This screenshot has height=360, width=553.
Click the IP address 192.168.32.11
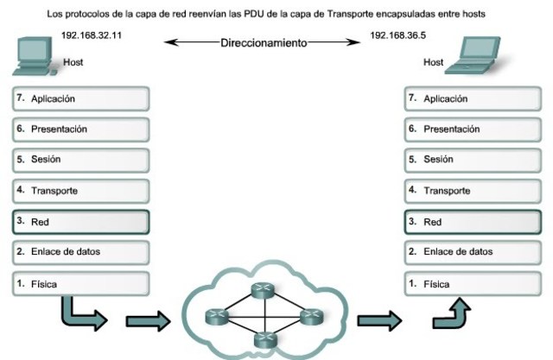(x=91, y=34)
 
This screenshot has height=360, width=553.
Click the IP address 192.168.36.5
(x=397, y=34)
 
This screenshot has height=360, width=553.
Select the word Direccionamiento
(x=264, y=41)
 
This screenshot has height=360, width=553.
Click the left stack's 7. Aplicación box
(x=82, y=98)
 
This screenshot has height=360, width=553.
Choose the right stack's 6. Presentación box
(x=474, y=129)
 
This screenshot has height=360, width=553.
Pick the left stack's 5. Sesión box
(x=82, y=159)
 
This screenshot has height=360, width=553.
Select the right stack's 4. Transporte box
(x=474, y=190)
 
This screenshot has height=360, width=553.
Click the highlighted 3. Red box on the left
(x=82, y=221)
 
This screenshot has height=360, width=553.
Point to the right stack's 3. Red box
(x=474, y=221)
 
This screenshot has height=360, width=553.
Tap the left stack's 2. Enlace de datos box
(x=82, y=251)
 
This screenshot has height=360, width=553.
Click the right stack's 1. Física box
(x=474, y=282)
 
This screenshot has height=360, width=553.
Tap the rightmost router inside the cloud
(x=309, y=317)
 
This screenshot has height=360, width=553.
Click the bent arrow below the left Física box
(x=82, y=314)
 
